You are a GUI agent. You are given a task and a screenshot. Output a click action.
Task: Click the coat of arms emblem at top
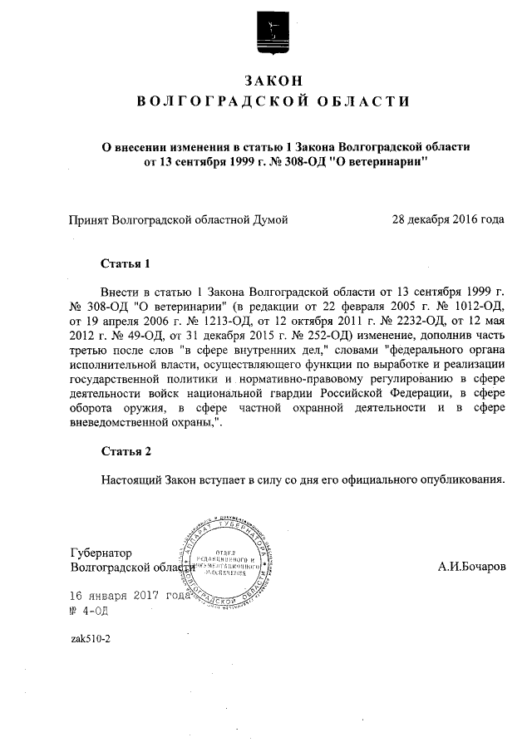coord(271,35)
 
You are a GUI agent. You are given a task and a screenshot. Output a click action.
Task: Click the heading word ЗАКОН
coord(272,80)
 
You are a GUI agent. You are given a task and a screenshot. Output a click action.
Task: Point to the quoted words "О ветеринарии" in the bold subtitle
coord(380,161)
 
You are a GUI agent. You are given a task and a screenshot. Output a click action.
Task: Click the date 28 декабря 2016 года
coord(447,220)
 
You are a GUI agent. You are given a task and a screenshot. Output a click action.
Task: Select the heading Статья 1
coord(125,265)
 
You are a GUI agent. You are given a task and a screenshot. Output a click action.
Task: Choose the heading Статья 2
coord(125,452)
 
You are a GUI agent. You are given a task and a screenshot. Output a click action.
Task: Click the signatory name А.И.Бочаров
coord(471,568)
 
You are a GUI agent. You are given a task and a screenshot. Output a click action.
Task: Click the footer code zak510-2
coord(91,639)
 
